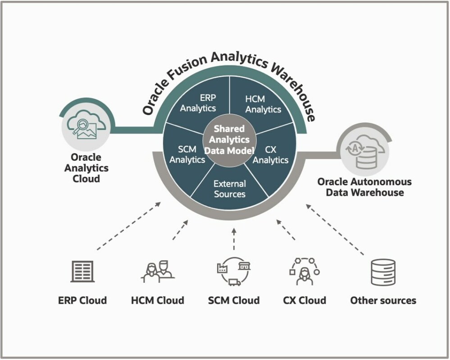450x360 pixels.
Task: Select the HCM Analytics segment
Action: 263,104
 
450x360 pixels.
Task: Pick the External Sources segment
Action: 230,189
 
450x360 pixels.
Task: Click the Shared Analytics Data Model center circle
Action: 229,139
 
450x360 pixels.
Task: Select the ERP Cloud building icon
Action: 82,271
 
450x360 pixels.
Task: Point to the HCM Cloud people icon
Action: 158,272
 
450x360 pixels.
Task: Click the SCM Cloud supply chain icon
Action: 233,271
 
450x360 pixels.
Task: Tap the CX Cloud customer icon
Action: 305,271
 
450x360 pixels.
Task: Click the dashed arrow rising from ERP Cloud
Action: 129,226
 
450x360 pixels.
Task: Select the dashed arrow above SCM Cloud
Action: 233,238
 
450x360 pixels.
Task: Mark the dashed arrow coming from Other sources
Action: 336,229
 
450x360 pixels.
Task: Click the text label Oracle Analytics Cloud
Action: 86,168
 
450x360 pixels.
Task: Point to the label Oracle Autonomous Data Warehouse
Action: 364,187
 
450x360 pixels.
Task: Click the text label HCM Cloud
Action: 158,300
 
